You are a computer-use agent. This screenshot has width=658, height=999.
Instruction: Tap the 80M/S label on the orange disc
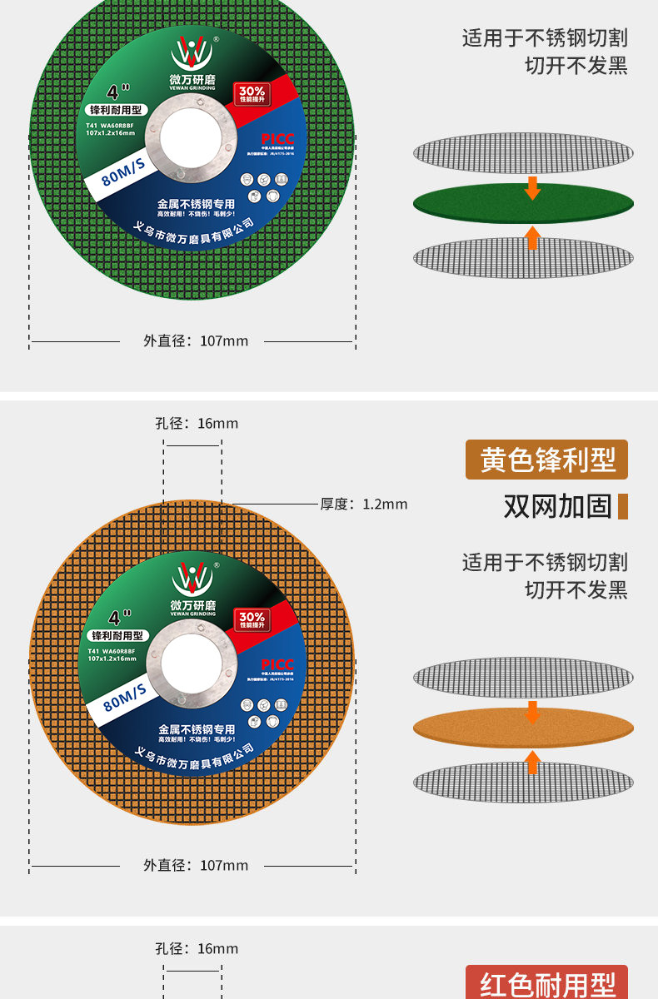(x=123, y=696)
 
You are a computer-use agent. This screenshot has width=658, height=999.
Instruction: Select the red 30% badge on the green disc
(x=252, y=94)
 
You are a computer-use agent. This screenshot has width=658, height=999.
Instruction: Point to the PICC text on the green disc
(x=277, y=139)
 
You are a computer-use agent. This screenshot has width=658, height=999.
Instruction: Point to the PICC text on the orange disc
(x=277, y=664)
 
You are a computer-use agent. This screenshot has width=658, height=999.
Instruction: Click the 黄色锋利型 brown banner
(x=546, y=460)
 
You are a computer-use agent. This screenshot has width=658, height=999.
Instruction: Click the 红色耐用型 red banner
(x=546, y=984)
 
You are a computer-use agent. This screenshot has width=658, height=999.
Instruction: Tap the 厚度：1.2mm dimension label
(x=364, y=504)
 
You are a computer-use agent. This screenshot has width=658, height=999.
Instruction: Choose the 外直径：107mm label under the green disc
(x=196, y=340)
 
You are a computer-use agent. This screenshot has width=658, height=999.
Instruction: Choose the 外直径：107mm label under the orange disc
(x=196, y=865)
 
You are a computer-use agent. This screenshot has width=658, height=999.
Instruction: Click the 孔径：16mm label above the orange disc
(x=197, y=423)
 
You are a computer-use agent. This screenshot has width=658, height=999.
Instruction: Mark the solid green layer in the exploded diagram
(x=523, y=203)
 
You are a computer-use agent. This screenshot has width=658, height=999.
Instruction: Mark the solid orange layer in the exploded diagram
(x=523, y=728)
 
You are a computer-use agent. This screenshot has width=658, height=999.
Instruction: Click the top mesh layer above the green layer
(x=523, y=153)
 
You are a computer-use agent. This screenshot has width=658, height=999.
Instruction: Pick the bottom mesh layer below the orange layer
(x=523, y=783)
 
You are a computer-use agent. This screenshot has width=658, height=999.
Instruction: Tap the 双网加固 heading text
(x=557, y=505)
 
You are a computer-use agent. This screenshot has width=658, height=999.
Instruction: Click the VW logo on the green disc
(x=192, y=52)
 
